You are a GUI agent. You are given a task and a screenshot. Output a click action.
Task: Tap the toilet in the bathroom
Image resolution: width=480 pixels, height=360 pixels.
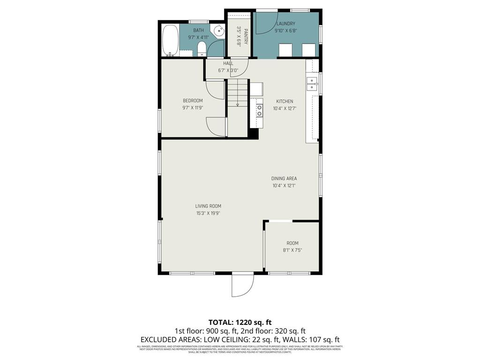point(201,47)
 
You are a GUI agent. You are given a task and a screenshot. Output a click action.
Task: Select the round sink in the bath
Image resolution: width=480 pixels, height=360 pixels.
point(219,31)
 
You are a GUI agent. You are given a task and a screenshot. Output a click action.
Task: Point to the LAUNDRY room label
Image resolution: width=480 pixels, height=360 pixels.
point(285,23)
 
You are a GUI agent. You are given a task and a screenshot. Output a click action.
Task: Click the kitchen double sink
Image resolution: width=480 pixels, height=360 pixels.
point(312,84)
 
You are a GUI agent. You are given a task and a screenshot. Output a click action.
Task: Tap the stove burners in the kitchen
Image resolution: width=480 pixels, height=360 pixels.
point(259,110)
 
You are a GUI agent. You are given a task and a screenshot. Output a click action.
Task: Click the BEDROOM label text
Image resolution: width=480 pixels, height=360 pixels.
point(193,101)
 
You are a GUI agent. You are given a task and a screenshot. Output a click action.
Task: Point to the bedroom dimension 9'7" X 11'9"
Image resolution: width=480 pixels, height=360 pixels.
point(193,108)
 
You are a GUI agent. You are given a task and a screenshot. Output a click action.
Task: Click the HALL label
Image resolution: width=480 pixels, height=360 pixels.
point(228,63)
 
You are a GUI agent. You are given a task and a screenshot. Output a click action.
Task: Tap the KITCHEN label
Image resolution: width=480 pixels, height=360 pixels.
point(285,101)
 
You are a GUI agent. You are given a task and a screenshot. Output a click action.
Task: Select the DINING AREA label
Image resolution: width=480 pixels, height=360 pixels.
point(284,178)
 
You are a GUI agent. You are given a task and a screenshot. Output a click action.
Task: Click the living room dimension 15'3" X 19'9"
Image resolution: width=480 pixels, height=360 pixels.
point(208,213)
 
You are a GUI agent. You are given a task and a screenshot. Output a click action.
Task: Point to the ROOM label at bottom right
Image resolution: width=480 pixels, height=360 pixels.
point(292,243)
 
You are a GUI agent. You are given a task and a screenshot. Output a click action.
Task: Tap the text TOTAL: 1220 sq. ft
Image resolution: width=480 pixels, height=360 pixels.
point(240,322)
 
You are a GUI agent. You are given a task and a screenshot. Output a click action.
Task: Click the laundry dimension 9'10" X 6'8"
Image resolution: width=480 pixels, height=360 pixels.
point(285,31)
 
